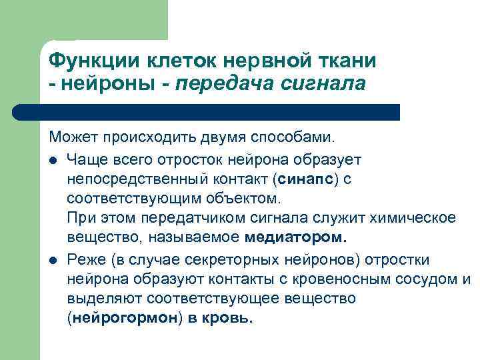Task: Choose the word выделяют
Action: pyautogui.click(x=98, y=298)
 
